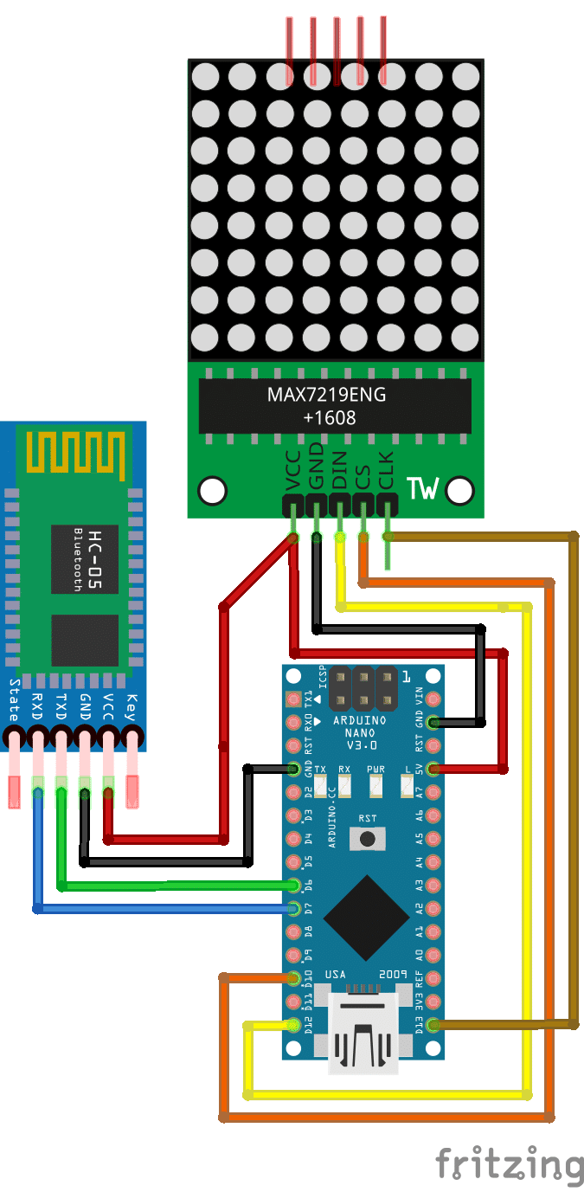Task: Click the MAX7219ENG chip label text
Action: (326, 396)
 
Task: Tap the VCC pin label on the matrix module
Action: (294, 471)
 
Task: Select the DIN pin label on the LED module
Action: (340, 471)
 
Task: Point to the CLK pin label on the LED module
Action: (387, 471)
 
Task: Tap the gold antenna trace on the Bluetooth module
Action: (73, 454)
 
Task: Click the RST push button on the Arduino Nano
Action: (369, 838)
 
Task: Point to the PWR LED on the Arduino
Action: (376, 786)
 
